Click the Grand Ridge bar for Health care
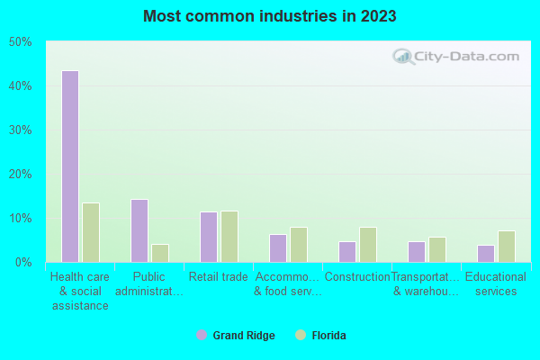point(69,166)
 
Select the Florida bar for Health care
point(91,232)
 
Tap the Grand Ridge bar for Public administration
point(139,230)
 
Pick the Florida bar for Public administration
point(160,253)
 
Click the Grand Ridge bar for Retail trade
point(208,237)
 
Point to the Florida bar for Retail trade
point(229,237)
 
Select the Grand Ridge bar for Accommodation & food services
point(277,248)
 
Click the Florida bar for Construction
point(368,245)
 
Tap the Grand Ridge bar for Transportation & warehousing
point(416,252)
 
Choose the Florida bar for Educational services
point(507,247)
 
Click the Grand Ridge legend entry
point(236,336)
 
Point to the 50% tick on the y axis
point(21,42)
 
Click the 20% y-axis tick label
point(21,175)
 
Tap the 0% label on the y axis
point(23,263)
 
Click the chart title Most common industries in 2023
point(269,16)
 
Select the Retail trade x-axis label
point(219,277)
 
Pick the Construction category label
point(357,277)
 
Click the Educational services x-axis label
point(496,284)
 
